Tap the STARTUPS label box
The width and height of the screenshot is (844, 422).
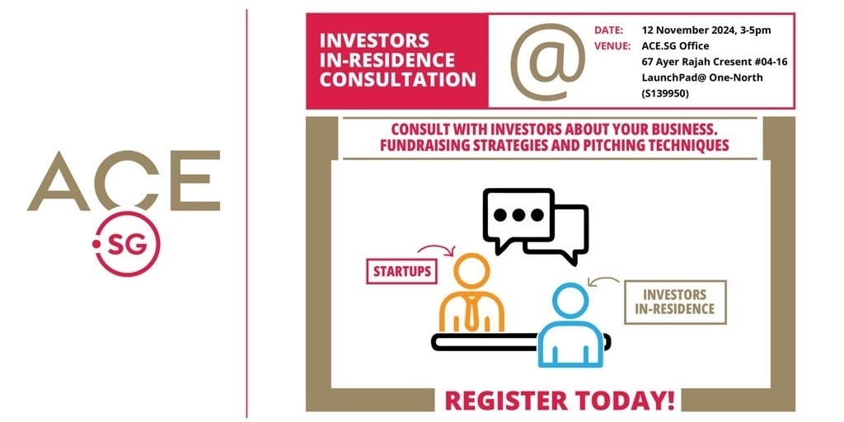coord(401,271)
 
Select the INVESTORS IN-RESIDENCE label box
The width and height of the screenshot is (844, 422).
coord(675,302)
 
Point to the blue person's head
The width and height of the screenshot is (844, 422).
coord(570,300)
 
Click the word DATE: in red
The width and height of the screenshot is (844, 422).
coord(609,30)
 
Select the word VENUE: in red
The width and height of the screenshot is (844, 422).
coord(612,46)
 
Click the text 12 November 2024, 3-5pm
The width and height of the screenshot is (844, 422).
coord(706,30)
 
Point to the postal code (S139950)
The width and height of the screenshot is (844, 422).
coord(665,93)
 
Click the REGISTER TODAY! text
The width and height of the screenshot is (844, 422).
coord(560,401)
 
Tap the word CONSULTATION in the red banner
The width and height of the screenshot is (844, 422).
coord(398,78)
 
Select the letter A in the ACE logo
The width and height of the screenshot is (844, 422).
coord(59,181)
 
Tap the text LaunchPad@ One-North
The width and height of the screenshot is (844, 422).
coord(702,77)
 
